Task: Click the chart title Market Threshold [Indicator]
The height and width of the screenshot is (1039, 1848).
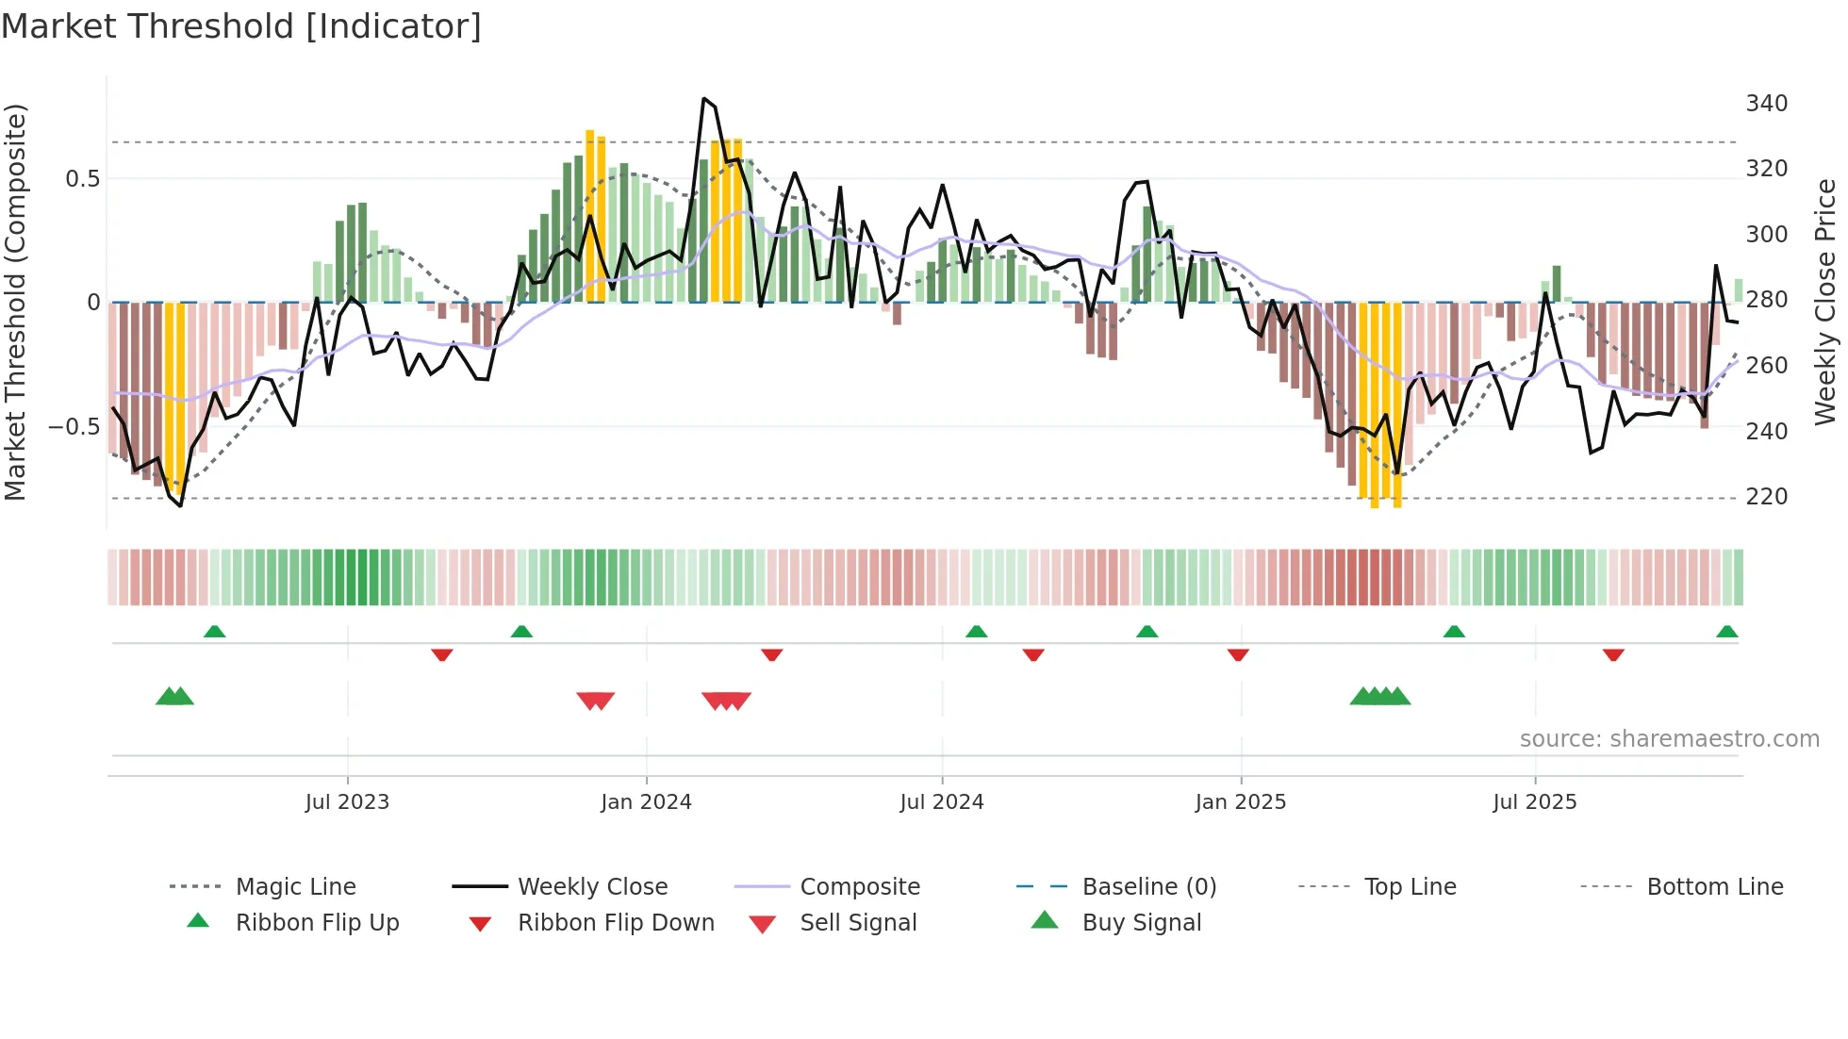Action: (x=241, y=26)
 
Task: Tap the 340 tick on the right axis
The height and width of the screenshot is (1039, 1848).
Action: (x=1766, y=103)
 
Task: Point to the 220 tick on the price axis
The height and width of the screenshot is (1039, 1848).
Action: (x=1766, y=496)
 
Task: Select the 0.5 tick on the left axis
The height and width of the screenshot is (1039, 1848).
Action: (x=82, y=178)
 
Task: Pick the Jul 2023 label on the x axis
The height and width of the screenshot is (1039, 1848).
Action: (x=347, y=801)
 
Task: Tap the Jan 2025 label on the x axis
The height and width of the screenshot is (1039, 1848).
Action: (x=1240, y=801)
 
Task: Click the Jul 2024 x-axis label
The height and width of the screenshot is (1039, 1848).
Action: (x=941, y=801)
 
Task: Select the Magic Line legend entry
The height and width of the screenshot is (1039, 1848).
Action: (x=295, y=886)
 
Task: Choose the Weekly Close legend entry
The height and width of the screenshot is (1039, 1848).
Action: (x=592, y=886)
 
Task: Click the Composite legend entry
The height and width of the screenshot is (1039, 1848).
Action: (x=859, y=886)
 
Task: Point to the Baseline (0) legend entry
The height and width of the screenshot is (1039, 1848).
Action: (x=1148, y=886)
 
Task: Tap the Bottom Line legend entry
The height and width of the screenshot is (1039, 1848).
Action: (x=1714, y=886)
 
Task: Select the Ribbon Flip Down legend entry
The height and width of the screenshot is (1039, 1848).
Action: (x=616, y=922)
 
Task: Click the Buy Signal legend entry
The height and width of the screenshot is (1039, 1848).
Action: (x=1141, y=922)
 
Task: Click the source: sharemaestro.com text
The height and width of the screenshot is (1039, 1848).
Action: (x=1669, y=738)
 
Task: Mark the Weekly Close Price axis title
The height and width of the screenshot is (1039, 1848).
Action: (x=1825, y=302)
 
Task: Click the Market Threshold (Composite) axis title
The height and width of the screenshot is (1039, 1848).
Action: (x=15, y=302)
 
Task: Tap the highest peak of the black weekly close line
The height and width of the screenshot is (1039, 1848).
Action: (x=703, y=98)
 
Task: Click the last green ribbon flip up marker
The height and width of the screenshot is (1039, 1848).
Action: (x=1726, y=632)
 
